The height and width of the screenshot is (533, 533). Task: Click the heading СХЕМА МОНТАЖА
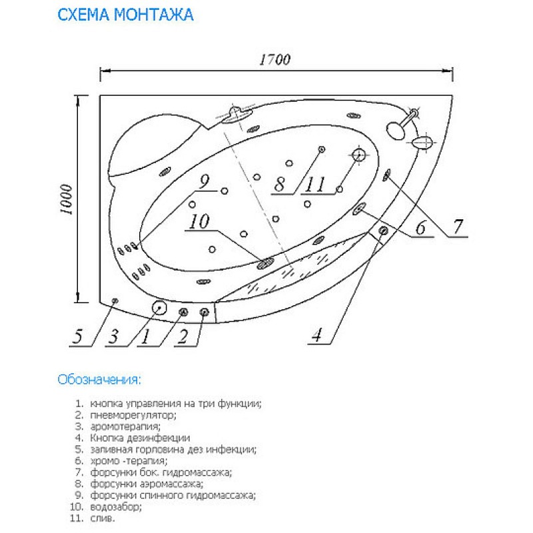[x=125, y=15]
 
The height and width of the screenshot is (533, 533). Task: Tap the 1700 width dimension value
[x=275, y=60]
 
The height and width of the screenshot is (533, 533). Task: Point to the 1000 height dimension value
[x=67, y=199]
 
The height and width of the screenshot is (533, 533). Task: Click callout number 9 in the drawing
[x=204, y=182]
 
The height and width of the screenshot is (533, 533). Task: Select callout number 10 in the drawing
[x=199, y=222]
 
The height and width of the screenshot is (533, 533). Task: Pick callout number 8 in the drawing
[x=279, y=185]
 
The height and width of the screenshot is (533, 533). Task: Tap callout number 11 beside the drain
[x=315, y=185]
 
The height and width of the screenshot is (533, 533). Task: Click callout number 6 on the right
[x=421, y=227]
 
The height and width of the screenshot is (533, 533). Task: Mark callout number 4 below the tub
[x=317, y=335]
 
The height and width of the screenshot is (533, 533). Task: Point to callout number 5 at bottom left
[x=78, y=336]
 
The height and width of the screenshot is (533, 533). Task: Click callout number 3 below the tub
[x=113, y=336]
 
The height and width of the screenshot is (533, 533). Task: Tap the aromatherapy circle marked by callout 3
[x=159, y=308]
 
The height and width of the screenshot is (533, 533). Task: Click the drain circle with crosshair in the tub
[x=358, y=155]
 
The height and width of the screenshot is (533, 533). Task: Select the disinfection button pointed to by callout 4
[x=384, y=231]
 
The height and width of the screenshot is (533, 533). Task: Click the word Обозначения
[x=99, y=379]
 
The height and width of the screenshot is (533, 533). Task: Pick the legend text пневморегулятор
[x=133, y=415]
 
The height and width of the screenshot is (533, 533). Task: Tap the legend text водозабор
[x=116, y=507]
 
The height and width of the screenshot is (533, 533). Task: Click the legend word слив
[x=103, y=518]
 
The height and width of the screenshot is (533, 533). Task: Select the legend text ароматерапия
[x=125, y=426]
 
